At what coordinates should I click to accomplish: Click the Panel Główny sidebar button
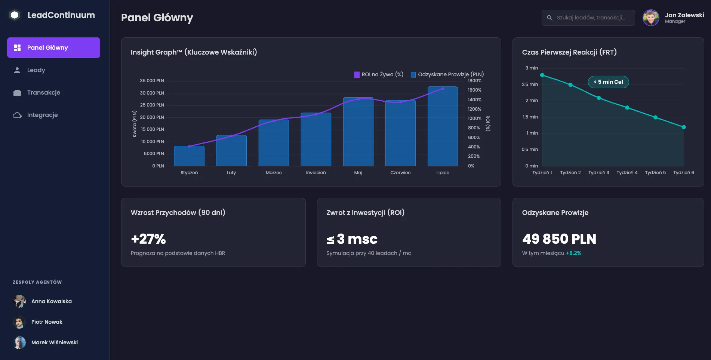[53, 47]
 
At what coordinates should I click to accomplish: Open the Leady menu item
[36, 70]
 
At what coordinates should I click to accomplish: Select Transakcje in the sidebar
[43, 93]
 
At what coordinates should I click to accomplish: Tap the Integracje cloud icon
[17, 115]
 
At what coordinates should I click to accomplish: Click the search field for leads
[590, 18]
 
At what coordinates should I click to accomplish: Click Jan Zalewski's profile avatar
[650, 18]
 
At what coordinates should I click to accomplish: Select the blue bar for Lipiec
[443, 127]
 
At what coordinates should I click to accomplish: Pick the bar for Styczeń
[189, 156]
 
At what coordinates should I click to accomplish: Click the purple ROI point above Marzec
[274, 121]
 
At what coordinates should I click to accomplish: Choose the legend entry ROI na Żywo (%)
[379, 74]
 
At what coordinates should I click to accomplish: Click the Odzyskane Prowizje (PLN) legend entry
[447, 74]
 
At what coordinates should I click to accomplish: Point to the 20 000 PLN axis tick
[152, 117]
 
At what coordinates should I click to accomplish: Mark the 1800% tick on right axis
[474, 81]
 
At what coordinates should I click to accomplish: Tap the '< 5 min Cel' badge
[608, 82]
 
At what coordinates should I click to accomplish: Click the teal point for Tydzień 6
[684, 127]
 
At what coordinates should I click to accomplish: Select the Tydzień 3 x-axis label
[598, 173]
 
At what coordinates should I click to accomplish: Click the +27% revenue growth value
[148, 239]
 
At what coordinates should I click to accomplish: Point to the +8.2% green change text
[573, 253]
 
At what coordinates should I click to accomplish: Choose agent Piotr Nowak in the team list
[47, 322]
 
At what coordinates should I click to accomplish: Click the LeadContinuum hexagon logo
[15, 15]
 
